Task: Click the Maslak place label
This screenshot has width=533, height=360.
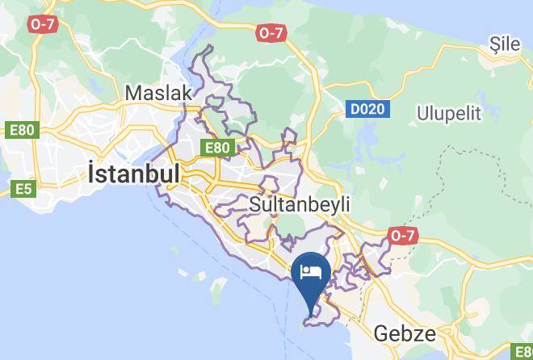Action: (159, 94)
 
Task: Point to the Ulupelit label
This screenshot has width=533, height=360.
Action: (450, 113)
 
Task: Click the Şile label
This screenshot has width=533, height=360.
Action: (506, 44)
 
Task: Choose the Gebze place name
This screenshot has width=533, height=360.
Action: (405, 333)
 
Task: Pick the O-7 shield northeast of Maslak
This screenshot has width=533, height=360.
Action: (271, 33)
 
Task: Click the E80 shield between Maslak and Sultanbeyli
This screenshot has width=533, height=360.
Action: (216, 148)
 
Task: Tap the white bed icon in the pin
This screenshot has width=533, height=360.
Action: (311, 270)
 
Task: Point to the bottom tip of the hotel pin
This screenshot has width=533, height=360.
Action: (311, 308)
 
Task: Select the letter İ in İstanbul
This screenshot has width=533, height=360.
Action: (92, 174)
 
